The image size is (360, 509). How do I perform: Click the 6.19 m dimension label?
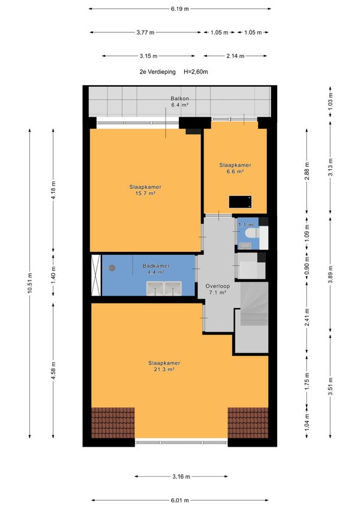coord(179,9)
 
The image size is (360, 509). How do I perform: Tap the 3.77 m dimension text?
coord(145,32)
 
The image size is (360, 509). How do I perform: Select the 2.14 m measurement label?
coord(235,56)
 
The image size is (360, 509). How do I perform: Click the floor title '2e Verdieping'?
coord(157,72)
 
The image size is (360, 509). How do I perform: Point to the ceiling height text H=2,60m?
coord(196,72)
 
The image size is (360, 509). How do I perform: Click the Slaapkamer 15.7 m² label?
coord(145,190)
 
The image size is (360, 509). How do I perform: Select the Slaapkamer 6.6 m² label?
coord(235,168)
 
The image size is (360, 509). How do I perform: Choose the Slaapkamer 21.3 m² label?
coord(164,366)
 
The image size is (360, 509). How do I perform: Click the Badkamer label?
coord(156,266)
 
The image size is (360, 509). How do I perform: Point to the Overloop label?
coord(217,286)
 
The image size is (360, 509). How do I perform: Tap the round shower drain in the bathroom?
coord(112,268)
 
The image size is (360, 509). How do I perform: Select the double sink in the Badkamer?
coord(164,288)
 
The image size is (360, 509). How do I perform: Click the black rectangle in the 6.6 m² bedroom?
coord(240,201)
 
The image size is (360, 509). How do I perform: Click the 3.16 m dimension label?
coord(181,477)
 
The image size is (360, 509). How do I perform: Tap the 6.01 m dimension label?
coord(179,500)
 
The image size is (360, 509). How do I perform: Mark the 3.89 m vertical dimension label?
coord(330,275)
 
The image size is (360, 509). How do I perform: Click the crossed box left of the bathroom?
coord(96,275)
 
